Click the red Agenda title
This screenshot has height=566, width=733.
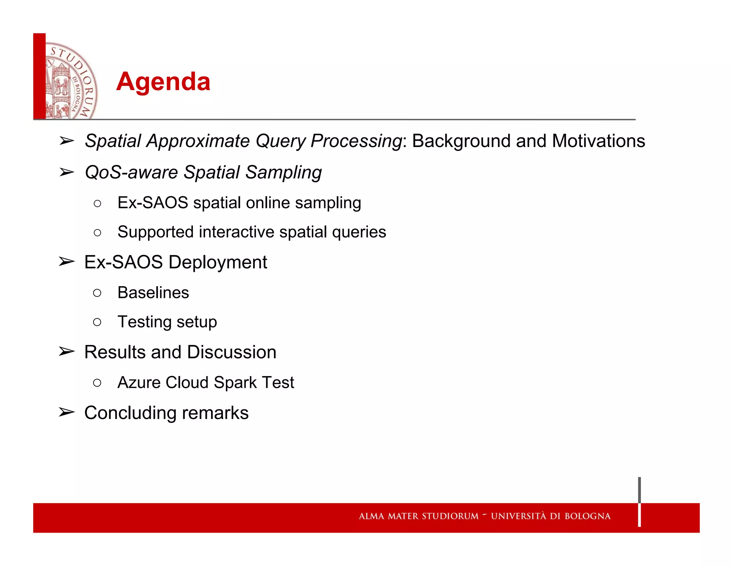click(163, 82)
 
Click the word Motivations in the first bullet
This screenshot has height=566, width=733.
click(598, 141)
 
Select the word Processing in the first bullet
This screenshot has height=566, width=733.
click(356, 141)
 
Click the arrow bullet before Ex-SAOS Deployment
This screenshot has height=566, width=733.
click(67, 262)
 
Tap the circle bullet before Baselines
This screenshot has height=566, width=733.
click(97, 293)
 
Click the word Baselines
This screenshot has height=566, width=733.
click(153, 293)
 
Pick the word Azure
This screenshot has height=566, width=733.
click(139, 382)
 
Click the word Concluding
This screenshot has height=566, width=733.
click(130, 413)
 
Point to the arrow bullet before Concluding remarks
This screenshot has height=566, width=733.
click(67, 413)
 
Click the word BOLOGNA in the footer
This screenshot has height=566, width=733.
click(587, 516)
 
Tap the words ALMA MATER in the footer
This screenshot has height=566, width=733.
click(388, 516)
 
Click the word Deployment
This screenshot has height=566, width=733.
click(218, 262)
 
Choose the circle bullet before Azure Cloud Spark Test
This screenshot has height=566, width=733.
click(97, 383)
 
